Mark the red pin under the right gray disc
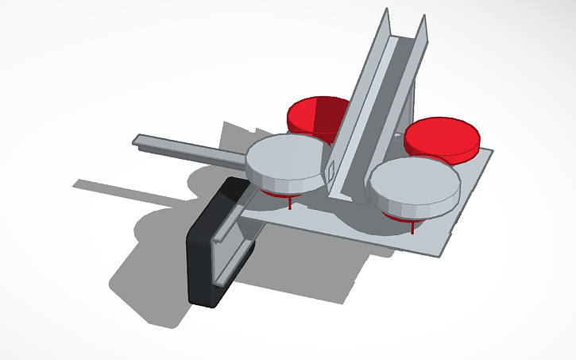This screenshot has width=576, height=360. (414, 228)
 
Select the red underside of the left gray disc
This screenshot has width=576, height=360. (274, 192)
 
